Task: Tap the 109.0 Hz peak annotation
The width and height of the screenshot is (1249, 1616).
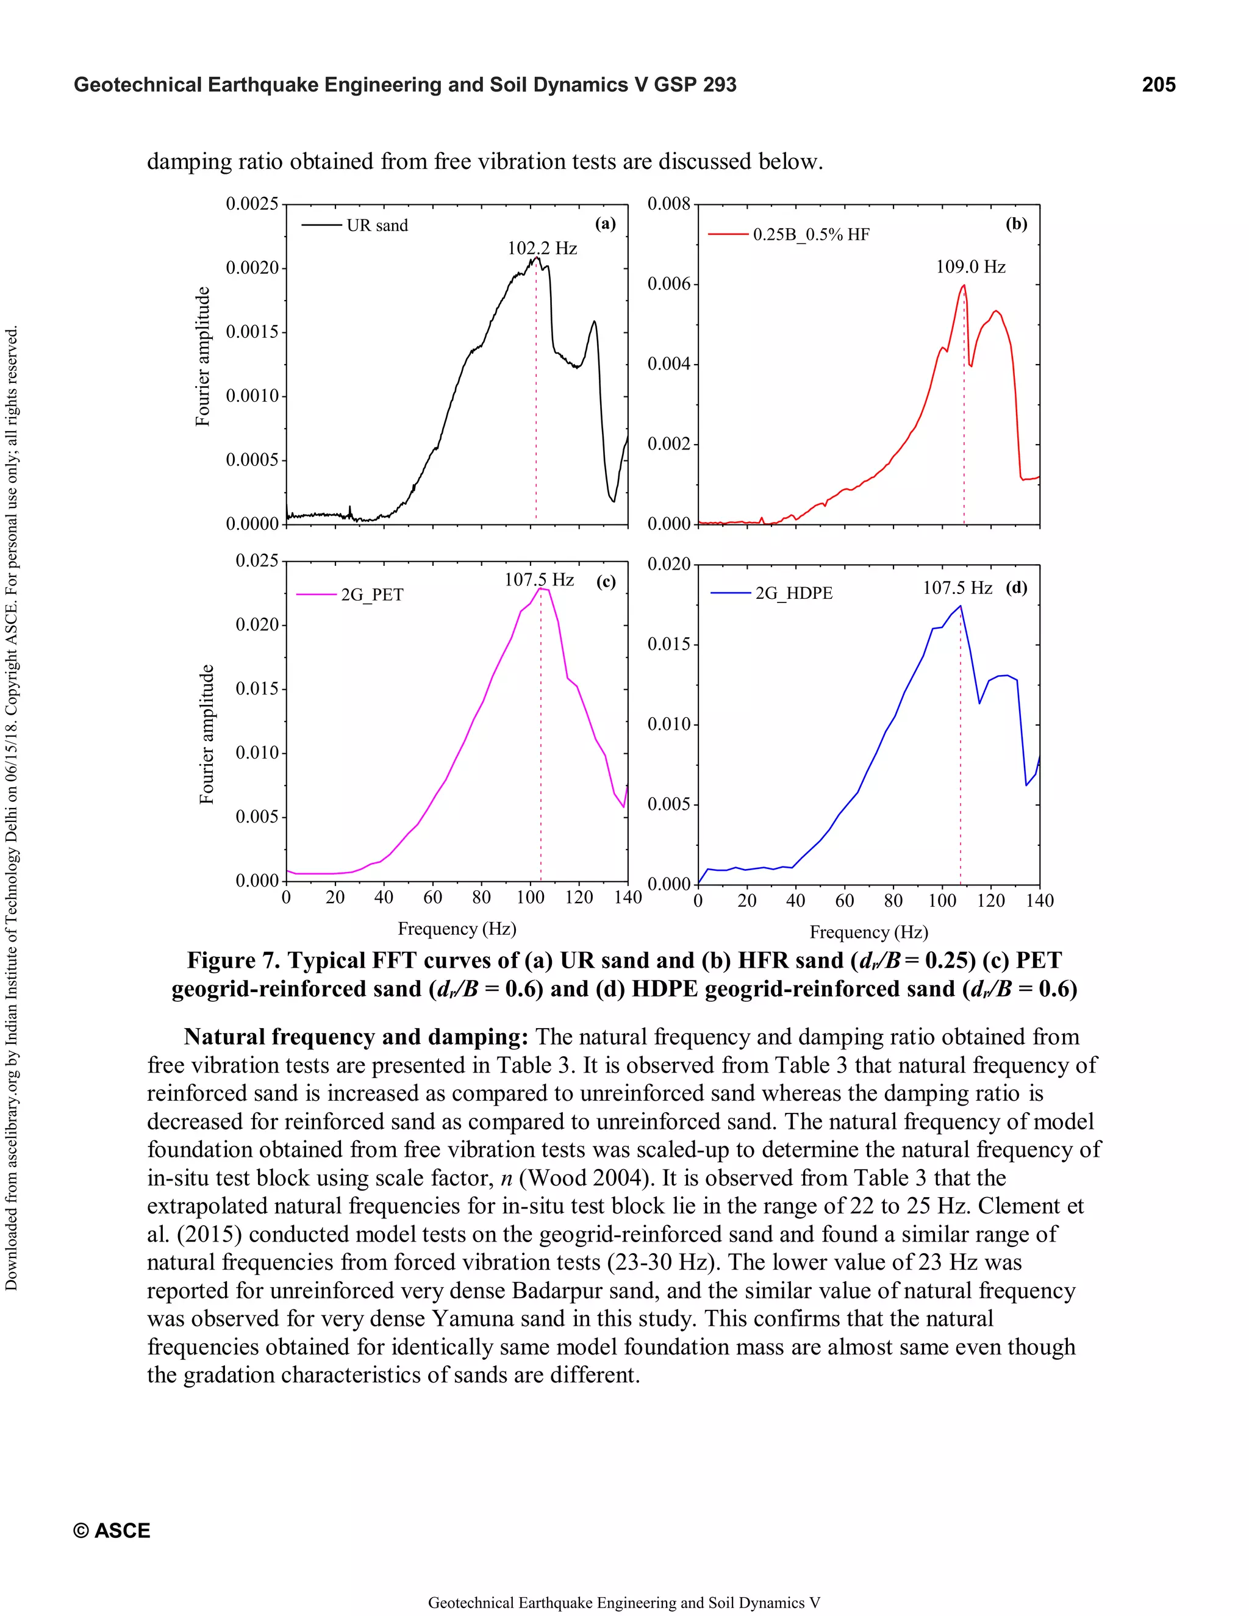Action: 970,267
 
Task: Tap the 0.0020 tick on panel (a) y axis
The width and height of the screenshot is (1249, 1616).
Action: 252,268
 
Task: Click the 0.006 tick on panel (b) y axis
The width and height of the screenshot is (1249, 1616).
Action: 668,284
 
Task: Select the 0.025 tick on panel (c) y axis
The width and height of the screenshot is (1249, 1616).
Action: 257,561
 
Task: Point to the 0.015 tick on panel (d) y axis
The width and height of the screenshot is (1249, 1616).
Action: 668,645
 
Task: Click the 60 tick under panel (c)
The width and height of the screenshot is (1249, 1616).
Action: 432,898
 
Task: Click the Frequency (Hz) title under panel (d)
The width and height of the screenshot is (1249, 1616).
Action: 868,932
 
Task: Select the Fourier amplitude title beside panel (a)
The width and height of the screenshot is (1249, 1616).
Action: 202,357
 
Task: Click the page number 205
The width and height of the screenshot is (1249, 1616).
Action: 1158,85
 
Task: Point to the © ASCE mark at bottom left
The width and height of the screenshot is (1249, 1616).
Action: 112,1530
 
